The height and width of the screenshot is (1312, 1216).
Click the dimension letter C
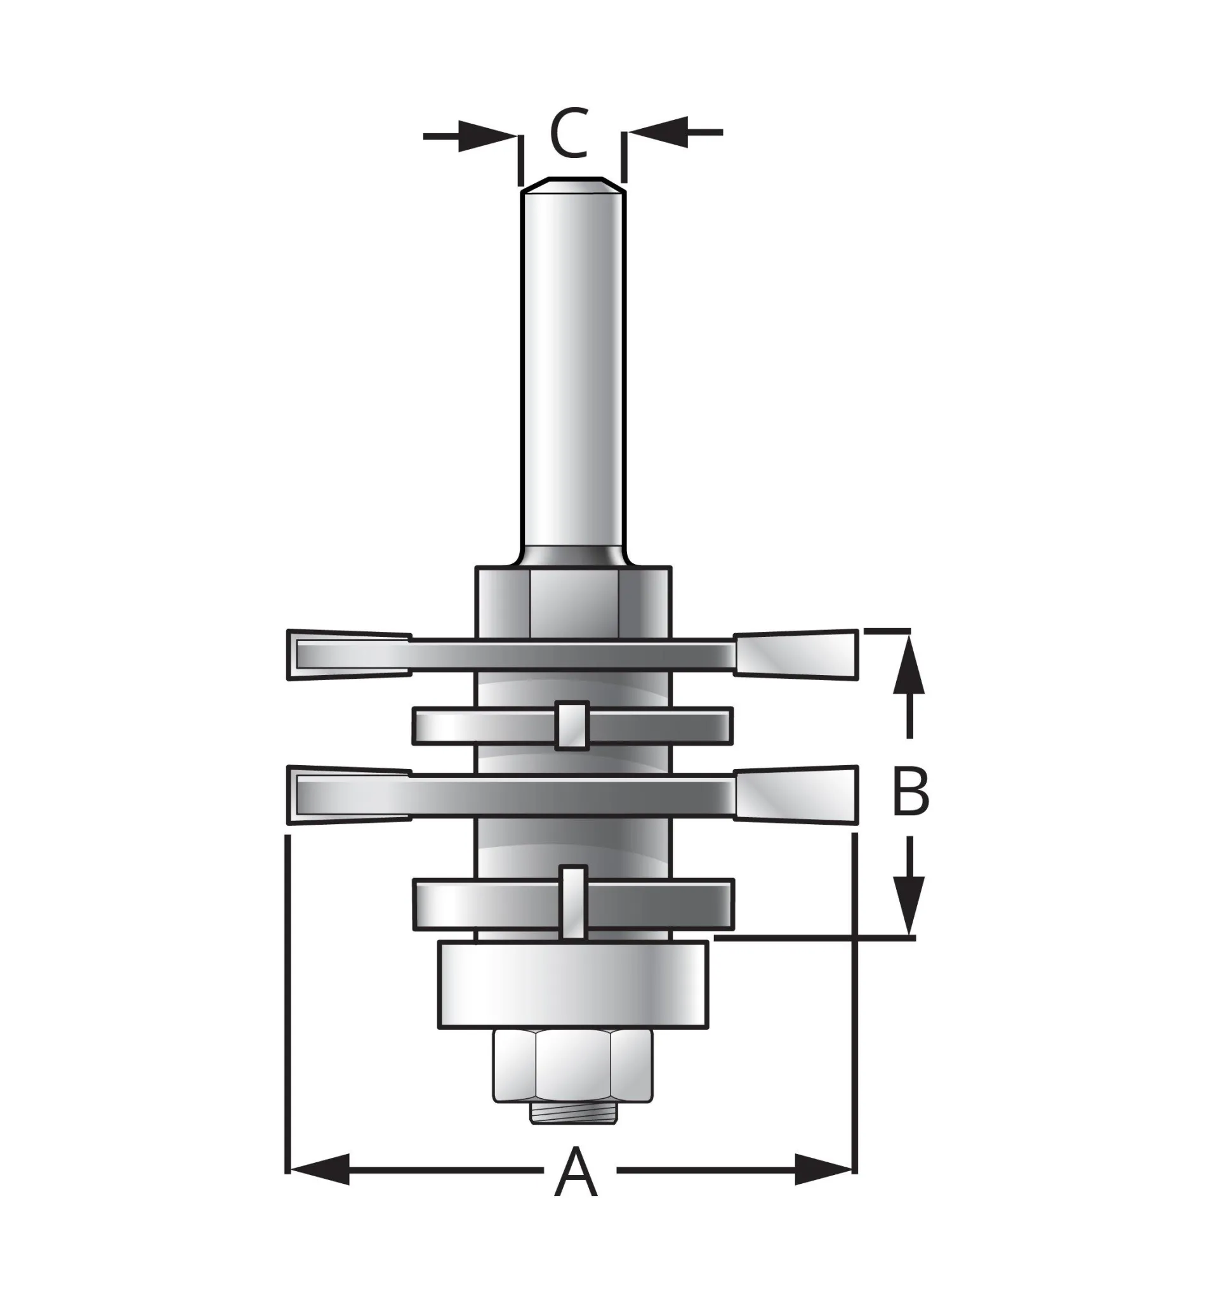tap(569, 133)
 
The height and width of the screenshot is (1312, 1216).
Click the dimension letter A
tap(576, 1171)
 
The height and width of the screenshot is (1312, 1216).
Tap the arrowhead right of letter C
tap(658, 132)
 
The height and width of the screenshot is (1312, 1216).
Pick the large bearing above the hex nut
tap(572, 985)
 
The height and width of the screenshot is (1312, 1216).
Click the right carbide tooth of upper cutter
tap(796, 653)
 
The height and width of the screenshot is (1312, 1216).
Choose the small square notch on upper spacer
tap(571, 725)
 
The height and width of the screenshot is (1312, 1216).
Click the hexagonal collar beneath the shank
tap(573, 601)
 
